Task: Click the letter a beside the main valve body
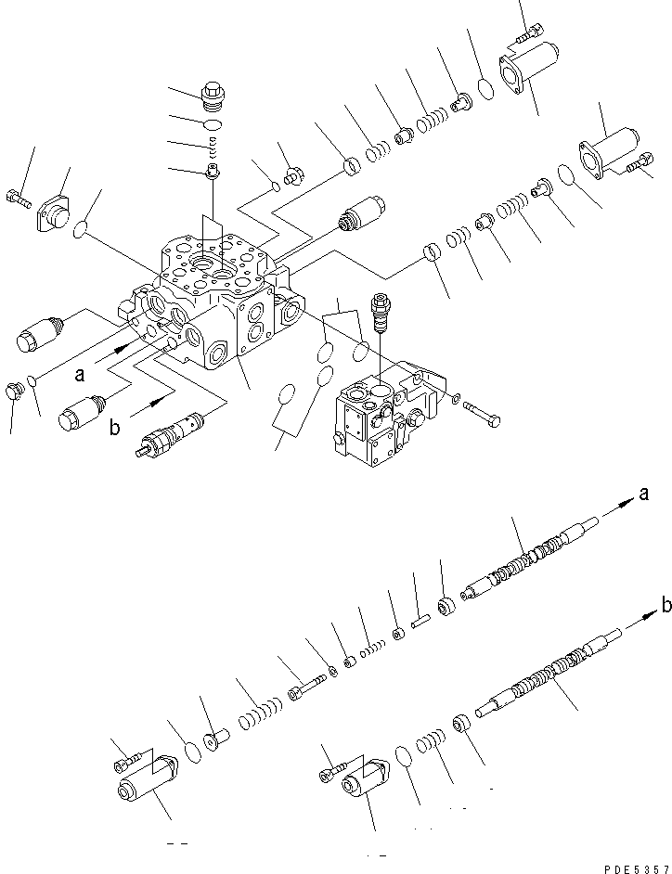coord(81,375)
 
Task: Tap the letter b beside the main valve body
coord(115,429)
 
